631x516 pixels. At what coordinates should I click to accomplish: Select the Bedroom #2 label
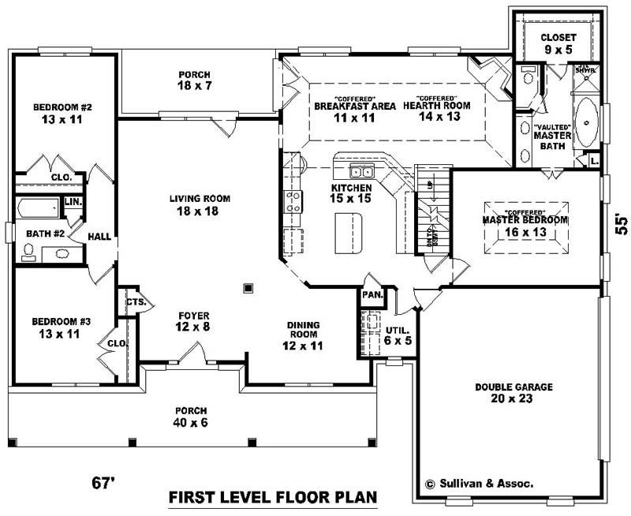pos(58,113)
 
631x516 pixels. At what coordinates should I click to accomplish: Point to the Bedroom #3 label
pos(57,327)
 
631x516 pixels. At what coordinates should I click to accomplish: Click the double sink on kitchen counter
pos(363,172)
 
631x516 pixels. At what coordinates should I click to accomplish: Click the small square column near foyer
pos(250,287)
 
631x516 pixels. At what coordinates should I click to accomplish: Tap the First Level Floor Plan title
pos(272,499)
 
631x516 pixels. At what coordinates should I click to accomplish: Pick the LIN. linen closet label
pos(73,203)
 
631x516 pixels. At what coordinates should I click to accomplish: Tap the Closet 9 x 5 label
pos(558,43)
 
